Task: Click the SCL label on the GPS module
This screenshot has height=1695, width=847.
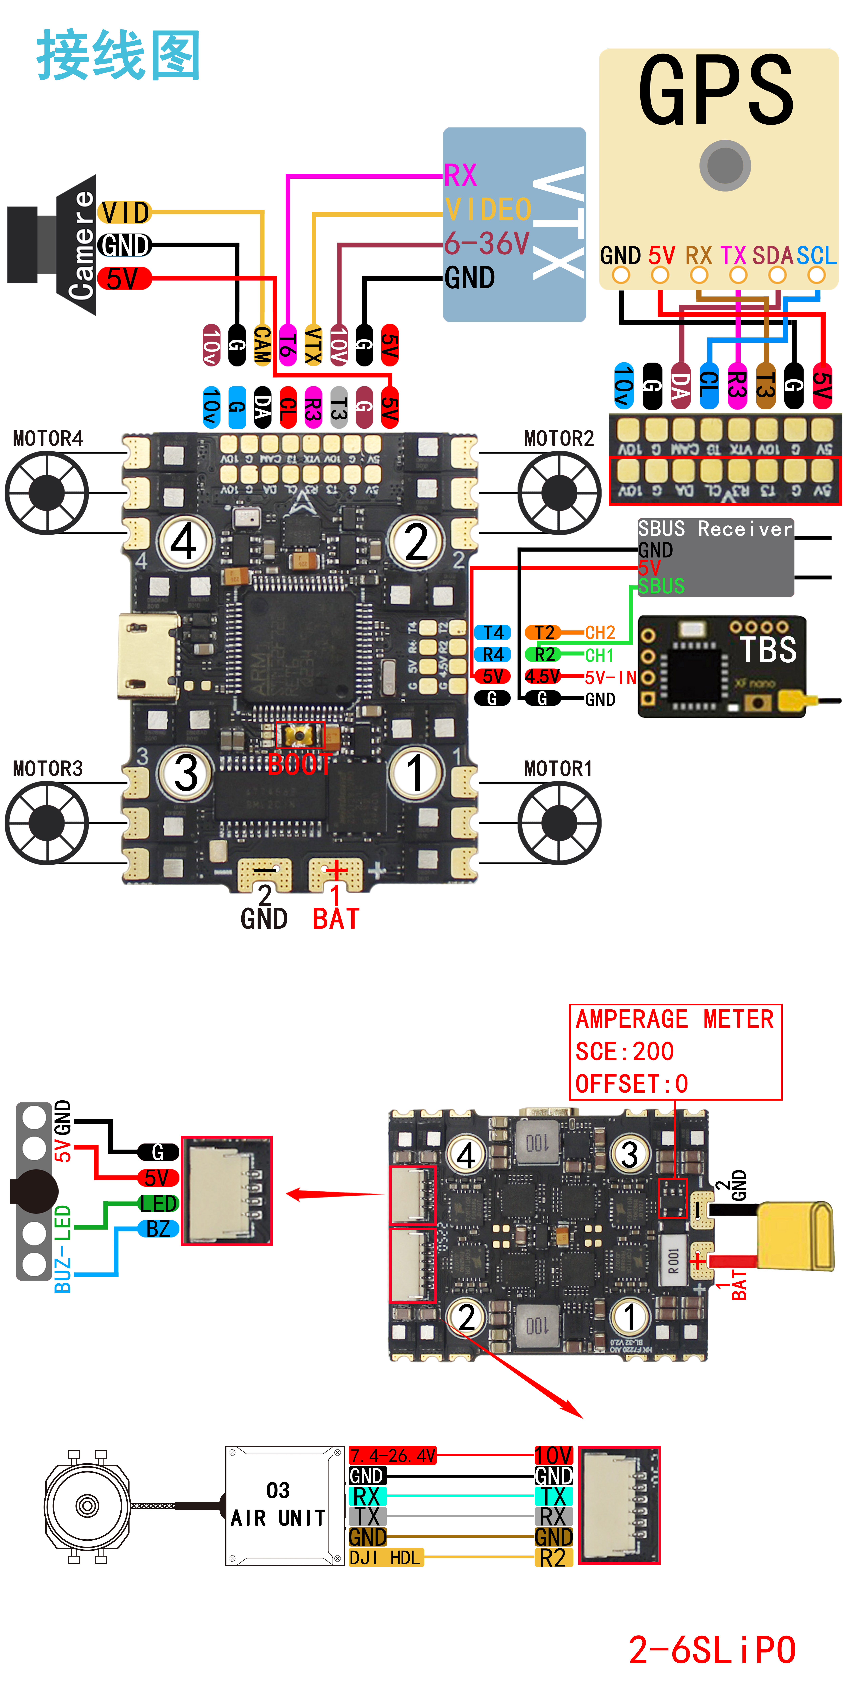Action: click(x=816, y=255)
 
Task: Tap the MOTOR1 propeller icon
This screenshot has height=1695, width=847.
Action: click(x=559, y=822)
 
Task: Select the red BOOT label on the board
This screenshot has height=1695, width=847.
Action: click(x=299, y=764)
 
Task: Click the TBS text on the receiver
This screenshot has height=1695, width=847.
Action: click(x=768, y=650)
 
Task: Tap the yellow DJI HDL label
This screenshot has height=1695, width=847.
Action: click(x=385, y=1558)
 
